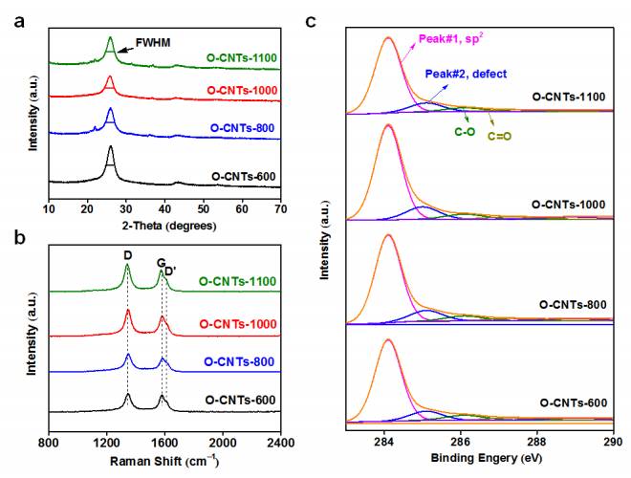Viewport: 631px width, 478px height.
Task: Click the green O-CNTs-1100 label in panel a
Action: (241, 58)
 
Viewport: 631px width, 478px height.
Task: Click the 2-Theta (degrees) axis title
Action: (163, 226)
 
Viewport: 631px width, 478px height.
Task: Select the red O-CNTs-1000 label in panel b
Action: (238, 324)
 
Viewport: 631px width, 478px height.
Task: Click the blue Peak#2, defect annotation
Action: (466, 74)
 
